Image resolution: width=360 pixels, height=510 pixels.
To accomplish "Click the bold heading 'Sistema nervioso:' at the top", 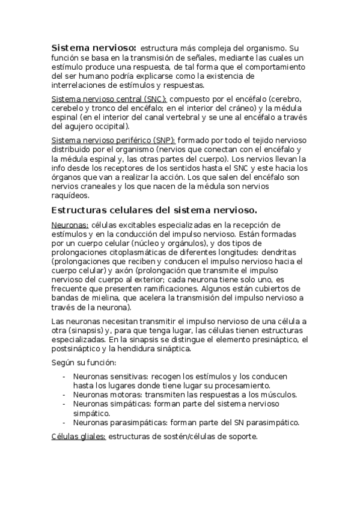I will [x=94, y=48].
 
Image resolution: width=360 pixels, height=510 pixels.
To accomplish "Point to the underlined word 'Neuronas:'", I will [x=70, y=224].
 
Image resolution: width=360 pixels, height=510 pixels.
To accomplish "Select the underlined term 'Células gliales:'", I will [x=78, y=437].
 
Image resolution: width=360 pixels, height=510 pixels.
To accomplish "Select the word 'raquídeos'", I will [x=70, y=195].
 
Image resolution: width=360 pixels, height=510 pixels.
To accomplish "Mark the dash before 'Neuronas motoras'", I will [x=64, y=395].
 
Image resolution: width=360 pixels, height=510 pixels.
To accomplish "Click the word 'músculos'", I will [x=278, y=395].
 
